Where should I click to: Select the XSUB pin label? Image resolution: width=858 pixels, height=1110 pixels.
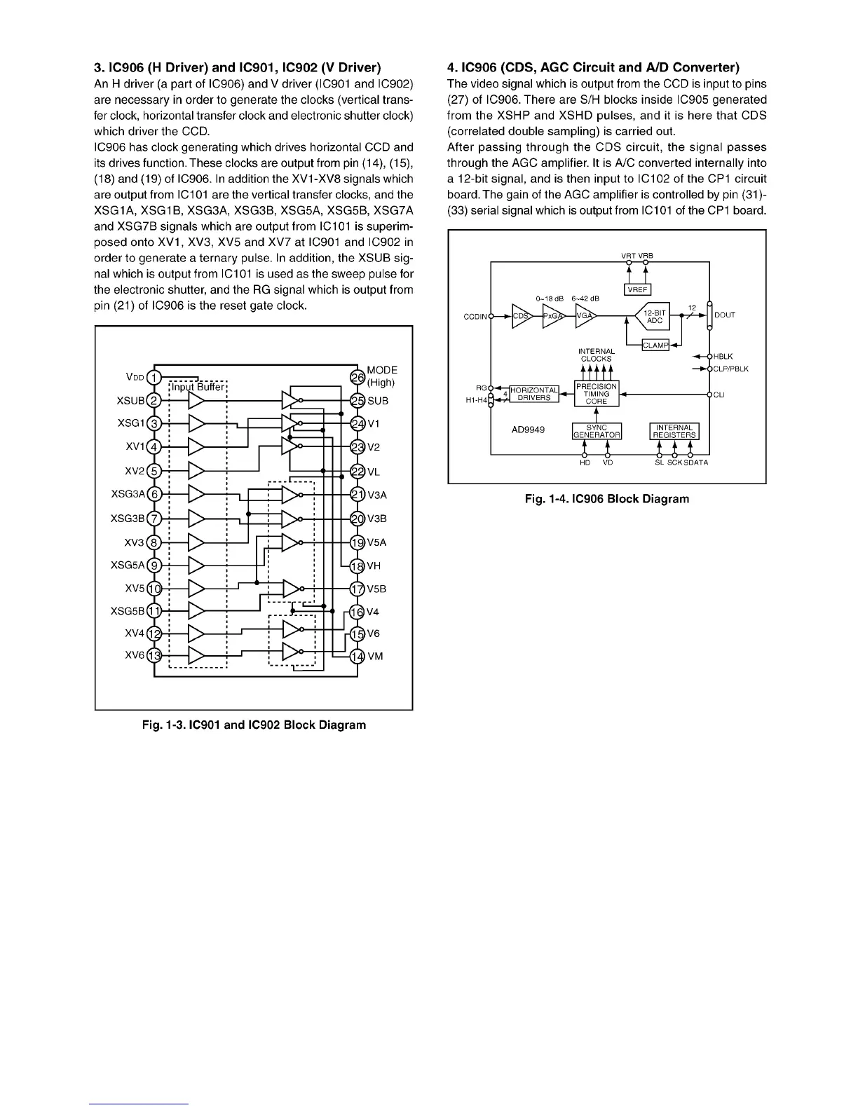[130, 401]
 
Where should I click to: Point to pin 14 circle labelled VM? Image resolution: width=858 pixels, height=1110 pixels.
[357, 657]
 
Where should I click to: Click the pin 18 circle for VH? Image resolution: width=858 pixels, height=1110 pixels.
[357, 566]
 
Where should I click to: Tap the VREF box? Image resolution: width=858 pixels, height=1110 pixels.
[637, 289]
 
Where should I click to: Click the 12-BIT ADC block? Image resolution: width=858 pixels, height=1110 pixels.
[653, 317]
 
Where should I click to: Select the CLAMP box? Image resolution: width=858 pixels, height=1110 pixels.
[655, 344]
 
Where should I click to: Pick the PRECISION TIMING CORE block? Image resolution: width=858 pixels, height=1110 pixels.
[596, 394]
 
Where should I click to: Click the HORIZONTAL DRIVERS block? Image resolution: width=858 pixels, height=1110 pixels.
[534, 394]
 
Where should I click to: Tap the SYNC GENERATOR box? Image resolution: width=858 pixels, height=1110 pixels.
[596, 430]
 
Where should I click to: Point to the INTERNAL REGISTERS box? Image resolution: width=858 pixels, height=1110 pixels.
[674, 430]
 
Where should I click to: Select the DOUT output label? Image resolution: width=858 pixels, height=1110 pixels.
[725, 315]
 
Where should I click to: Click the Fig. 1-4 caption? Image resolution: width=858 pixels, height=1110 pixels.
[607, 499]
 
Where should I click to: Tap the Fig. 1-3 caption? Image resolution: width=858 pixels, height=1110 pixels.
[254, 724]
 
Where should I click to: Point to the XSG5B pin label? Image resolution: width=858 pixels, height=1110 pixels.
[128, 610]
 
